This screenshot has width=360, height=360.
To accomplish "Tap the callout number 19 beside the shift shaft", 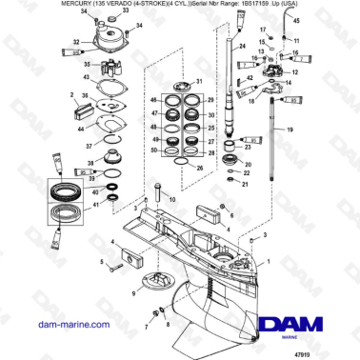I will tap(317, 127).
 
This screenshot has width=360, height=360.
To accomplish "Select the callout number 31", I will tap(198, 82).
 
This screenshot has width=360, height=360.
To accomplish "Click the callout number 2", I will tap(73, 95).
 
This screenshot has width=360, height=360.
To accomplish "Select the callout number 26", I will tap(198, 168).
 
